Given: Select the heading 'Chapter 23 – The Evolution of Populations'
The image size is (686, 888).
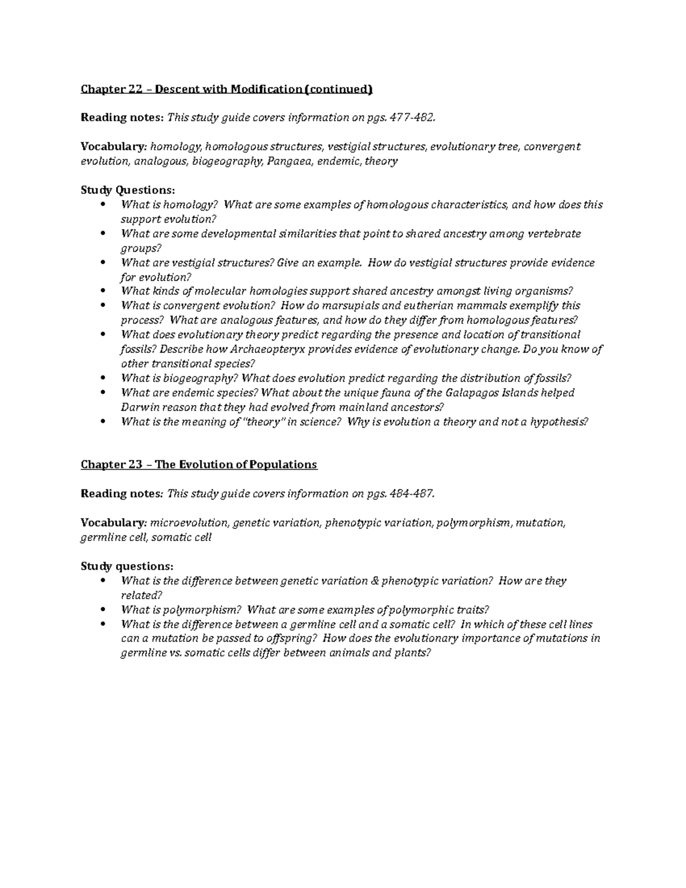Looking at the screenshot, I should pyautogui.click(x=198, y=464).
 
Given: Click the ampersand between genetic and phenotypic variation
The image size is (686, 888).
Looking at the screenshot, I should pyautogui.click(x=374, y=581).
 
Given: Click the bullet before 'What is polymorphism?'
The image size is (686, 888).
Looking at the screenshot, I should pyautogui.click(x=103, y=610).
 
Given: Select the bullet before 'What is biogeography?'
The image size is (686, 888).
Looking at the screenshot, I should pyautogui.click(x=103, y=379).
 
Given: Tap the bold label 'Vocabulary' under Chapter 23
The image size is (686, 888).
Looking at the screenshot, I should pyautogui.click(x=113, y=523).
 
